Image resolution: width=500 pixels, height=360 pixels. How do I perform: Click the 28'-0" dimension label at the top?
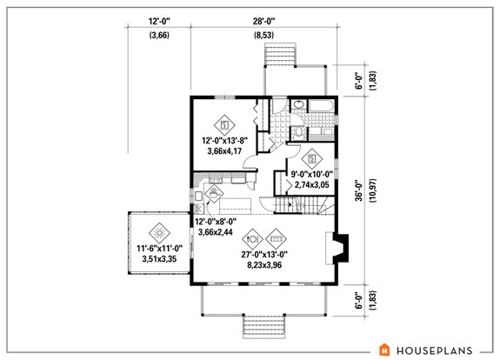[x=262, y=19]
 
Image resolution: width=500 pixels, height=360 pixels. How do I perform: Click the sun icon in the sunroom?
[x=157, y=233]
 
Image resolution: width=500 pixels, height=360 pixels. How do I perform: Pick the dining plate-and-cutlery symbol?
[x=252, y=235]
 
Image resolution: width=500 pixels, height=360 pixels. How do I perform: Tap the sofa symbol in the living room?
[x=276, y=235]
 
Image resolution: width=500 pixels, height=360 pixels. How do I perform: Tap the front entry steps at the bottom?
[x=262, y=330]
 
